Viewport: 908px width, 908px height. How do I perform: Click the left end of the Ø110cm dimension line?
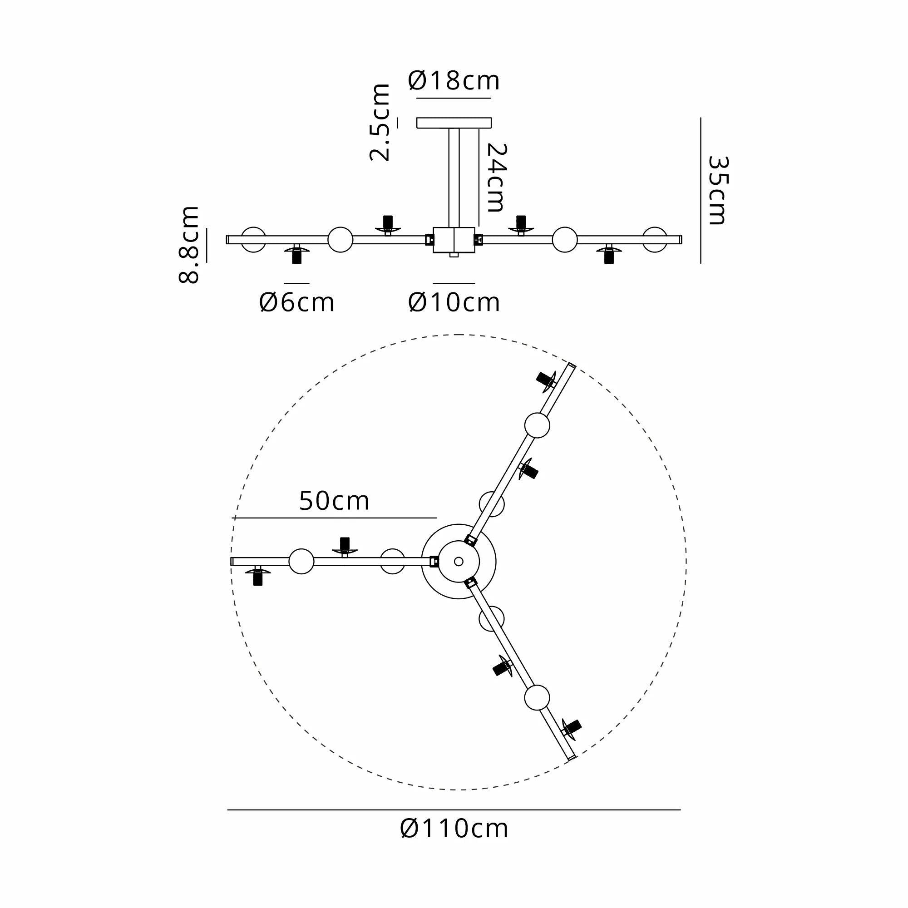[227, 810]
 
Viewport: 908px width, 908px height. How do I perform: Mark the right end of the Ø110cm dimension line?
[681, 810]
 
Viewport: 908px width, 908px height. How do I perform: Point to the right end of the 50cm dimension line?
[437, 518]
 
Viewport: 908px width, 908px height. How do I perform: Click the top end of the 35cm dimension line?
[701, 118]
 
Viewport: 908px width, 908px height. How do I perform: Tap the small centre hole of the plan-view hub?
[459, 561]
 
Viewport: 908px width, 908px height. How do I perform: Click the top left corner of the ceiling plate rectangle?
[417, 118]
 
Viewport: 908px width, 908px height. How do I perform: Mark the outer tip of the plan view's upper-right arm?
[573, 364]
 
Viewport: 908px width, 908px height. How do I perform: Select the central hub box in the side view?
[454, 240]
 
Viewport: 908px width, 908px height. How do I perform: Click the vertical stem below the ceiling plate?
[454, 178]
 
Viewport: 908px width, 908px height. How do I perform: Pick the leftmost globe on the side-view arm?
[253, 240]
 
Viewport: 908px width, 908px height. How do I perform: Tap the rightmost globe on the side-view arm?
[655, 240]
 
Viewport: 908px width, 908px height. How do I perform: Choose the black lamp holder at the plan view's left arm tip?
[257, 576]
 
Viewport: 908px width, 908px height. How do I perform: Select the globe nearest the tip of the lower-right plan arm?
[537, 697]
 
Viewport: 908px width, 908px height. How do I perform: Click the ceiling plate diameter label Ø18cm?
[454, 81]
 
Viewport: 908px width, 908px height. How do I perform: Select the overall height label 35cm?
[718, 190]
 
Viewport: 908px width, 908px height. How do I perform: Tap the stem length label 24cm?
[496, 178]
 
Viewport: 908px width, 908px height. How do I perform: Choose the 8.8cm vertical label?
[189, 244]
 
